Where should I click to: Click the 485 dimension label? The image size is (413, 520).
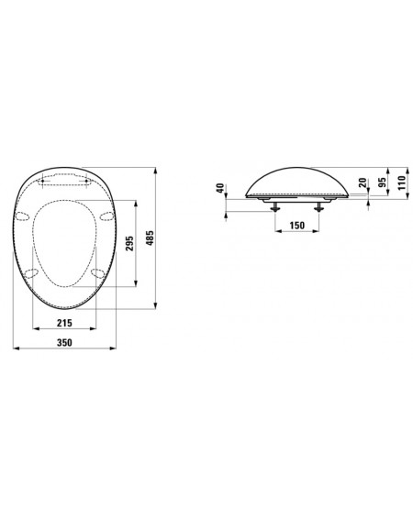[151, 238]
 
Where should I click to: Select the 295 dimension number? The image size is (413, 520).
[129, 243]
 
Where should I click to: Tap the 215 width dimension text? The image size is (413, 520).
[64, 323]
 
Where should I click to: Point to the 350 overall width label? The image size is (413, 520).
[64, 342]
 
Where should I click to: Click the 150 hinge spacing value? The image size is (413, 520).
[296, 226]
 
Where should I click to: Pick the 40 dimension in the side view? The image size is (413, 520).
[219, 188]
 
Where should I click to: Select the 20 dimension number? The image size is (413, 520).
[363, 183]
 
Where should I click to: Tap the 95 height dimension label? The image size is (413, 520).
[383, 183]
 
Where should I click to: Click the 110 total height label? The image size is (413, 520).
[402, 183]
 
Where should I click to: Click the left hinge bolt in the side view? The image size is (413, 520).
[275, 207]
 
